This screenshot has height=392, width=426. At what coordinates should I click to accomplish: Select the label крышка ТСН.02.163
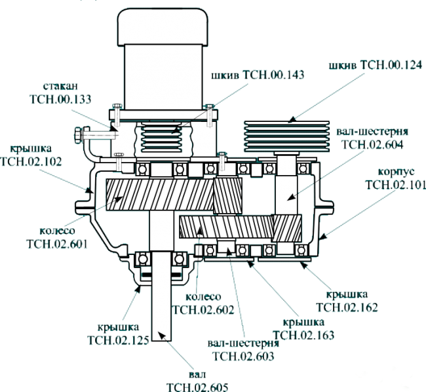click(x=303, y=328)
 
